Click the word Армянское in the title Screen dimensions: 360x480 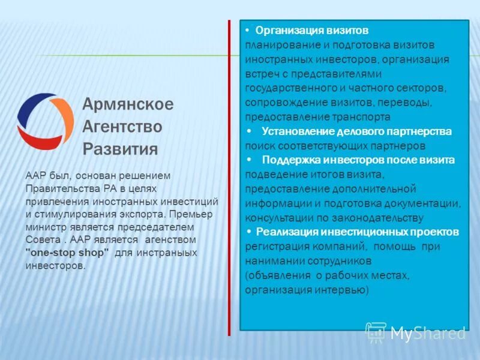click(x=128, y=104)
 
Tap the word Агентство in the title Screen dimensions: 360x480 click(x=122, y=127)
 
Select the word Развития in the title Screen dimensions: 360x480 click(x=120, y=149)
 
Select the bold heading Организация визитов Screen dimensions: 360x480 click(x=312, y=31)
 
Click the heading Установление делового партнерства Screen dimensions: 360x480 click(x=356, y=131)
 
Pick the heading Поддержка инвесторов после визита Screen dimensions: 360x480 click(x=358, y=160)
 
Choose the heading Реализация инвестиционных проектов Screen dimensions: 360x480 click(x=357, y=232)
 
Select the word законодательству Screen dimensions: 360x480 click(x=373, y=218)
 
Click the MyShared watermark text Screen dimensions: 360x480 click(x=427, y=333)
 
